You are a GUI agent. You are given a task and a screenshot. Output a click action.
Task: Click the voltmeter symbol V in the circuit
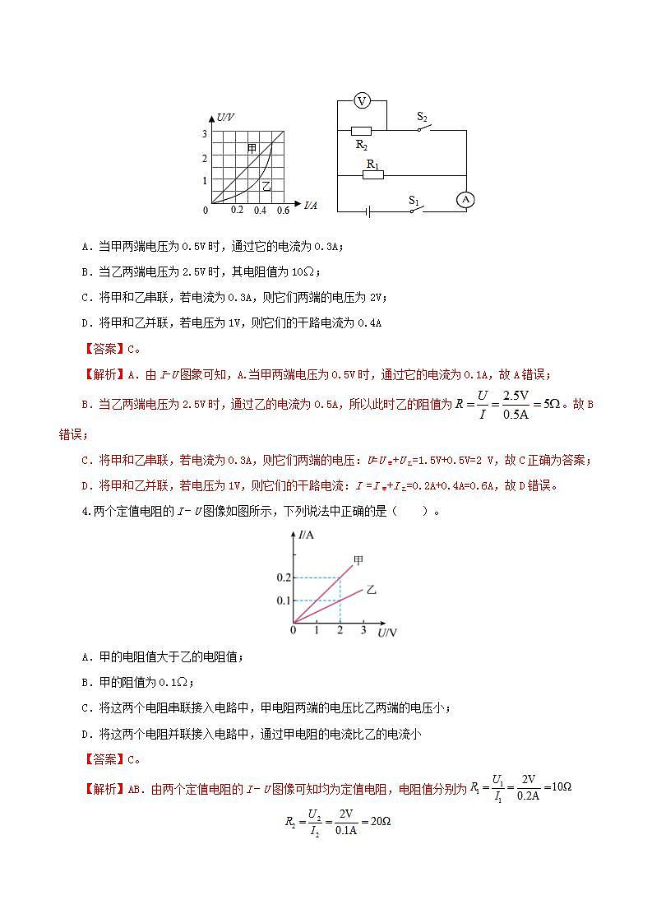click(x=361, y=101)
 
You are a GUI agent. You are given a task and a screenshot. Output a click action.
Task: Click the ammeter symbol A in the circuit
click(x=466, y=199)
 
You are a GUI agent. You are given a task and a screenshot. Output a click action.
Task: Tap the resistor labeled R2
click(x=361, y=131)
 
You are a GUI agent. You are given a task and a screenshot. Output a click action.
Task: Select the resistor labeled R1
click(x=372, y=174)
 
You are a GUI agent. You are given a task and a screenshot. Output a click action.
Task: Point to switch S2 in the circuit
click(x=423, y=127)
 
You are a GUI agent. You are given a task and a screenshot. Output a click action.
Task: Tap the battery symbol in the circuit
click(x=368, y=211)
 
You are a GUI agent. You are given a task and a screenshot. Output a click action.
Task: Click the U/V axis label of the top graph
click(x=225, y=118)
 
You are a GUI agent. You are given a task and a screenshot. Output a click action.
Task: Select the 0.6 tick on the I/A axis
click(x=283, y=211)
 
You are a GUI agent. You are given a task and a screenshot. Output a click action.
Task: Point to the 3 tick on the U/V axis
click(x=205, y=133)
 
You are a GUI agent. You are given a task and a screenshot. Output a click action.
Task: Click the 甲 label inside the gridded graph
click(x=252, y=148)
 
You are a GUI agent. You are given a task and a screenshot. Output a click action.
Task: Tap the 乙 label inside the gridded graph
click(x=266, y=187)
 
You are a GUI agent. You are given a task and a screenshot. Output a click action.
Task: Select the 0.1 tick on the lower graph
click(x=284, y=601)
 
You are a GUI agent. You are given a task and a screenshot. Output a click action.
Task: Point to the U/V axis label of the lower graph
click(x=387, y=633)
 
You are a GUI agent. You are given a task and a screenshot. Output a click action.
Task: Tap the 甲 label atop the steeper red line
click(x=358, y=561)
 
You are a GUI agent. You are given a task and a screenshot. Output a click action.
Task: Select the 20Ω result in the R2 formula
click(x=379, y=822)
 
